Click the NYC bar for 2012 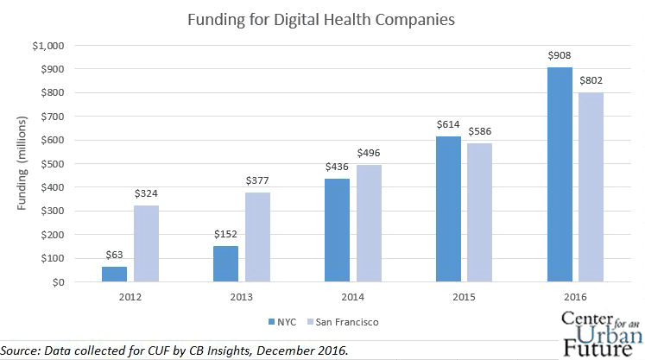point(114,275)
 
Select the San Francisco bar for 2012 point(146,243)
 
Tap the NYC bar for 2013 point(226,264)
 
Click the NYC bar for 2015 point(449,209)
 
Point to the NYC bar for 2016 point(560,174)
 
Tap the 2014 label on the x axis point(352,298)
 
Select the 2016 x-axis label point(575,298)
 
